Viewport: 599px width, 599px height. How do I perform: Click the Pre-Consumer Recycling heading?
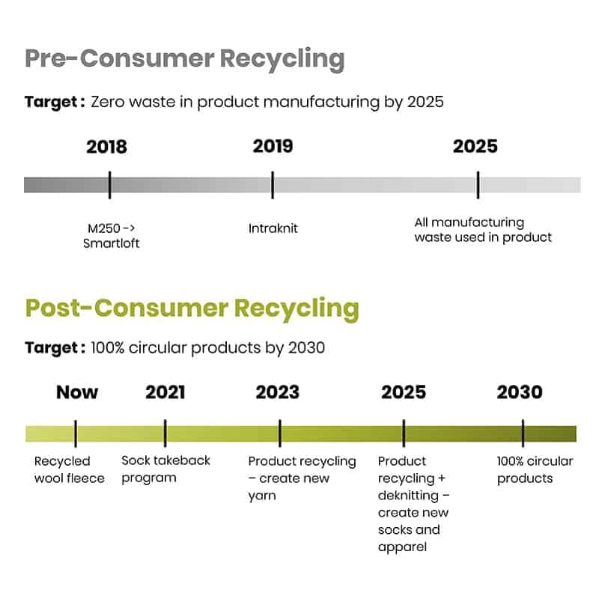click(x=185, y=59)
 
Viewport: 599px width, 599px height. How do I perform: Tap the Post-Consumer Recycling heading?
click(x=192, y=308)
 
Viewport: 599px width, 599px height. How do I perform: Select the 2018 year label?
click(x=106, y=147)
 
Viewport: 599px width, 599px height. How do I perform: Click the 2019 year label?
click(x=273, y=146)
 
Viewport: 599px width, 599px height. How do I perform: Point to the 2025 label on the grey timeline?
click(x=475, y=146)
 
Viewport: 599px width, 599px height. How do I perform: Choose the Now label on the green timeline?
click(x=77, y=392)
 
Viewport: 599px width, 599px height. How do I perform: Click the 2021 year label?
click(x=165, y=392)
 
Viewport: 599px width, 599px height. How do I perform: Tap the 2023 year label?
click(x=277, y=392)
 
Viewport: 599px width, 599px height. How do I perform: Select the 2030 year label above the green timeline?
click(x=520, y=392)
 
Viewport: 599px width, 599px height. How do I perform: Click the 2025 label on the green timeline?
click(x=404, y=392)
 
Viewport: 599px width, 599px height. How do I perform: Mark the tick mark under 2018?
click(x=109, y=185)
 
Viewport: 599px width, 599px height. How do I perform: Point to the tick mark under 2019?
click(x=273, y=185)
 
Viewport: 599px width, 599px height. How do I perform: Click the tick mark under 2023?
click(x=280, y=434)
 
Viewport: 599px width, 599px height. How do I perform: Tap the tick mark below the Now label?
click(x=76, y=434)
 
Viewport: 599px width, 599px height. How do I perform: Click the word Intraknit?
click(x=273, y=228)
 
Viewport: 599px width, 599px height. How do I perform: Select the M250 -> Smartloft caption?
click(x=111, y=236)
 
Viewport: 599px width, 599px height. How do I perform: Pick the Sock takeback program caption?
click(x=165, y=469)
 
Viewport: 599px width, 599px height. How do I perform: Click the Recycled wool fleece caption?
click(x=69, y=469)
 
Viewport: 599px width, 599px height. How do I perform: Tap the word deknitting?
click(x=408, y=496)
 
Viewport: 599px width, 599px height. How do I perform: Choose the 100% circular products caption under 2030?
click(x=535, y=469)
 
